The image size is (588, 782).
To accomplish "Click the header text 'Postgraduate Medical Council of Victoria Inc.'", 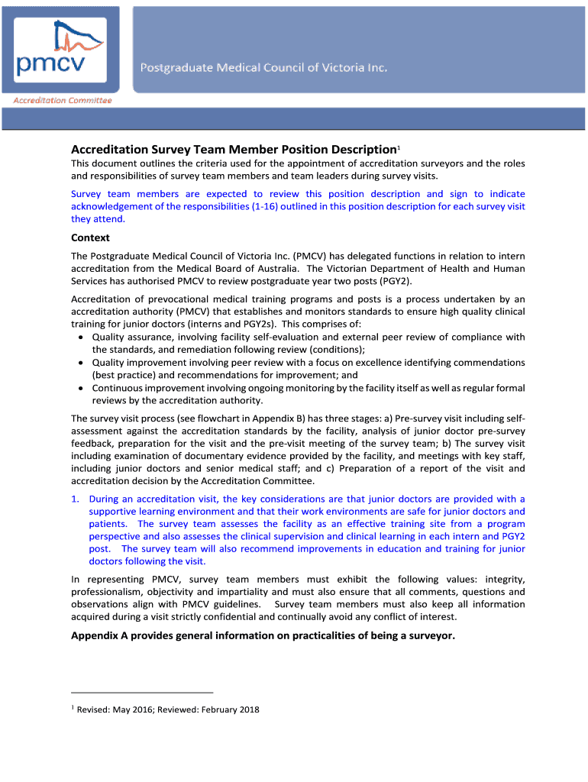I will (x=263, y=68).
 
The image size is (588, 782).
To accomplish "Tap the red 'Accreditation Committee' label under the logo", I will (x=62, y=101).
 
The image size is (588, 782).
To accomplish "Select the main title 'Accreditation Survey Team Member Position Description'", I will (x=233, y=150).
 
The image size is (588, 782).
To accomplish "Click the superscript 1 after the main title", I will (x=398, y=146).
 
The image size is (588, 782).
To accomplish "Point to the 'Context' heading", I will (x=90, y=238).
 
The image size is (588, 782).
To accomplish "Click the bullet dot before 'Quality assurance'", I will (x=82, y=338).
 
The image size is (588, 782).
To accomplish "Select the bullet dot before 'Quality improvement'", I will (x=82, y=363).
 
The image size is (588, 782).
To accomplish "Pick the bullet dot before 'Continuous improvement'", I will (x=82, y=388).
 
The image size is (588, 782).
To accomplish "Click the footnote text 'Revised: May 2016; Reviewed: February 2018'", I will (x=168, y=709).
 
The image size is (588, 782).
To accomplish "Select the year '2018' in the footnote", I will (x=249, y=709).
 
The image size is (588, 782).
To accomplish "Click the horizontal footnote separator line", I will (x=142, y=693).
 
